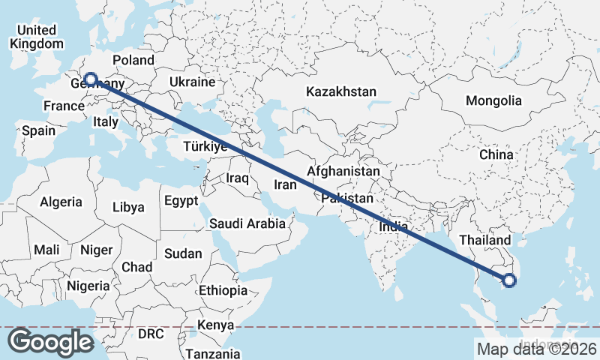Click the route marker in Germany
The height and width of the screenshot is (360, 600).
coord(90,79)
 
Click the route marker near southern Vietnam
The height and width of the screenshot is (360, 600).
coord(509,281)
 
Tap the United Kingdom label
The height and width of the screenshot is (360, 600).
coord(37,37)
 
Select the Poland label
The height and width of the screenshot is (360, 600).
coord(133,60)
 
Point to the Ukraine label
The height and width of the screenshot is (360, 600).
coord(192,82)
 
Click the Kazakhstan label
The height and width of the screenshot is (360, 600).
coord(340,91)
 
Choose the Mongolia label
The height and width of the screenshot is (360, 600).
coord(493,100)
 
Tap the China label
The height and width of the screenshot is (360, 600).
coord(496,154)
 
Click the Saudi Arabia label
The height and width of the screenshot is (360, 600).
coord(247,223)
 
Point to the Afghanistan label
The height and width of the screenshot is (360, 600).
coord(343,171)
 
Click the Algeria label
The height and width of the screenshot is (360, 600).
coord(61,202)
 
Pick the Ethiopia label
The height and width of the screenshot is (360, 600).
coord(223,290)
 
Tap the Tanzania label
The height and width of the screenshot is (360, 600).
coord(213,353)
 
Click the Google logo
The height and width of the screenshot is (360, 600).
coord(51,342)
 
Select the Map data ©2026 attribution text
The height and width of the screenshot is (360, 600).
coord(536,349)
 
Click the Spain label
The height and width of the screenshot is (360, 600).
coord(38,130)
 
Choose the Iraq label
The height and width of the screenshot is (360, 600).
coord(237,178)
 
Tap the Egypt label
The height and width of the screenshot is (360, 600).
coord(181,201)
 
